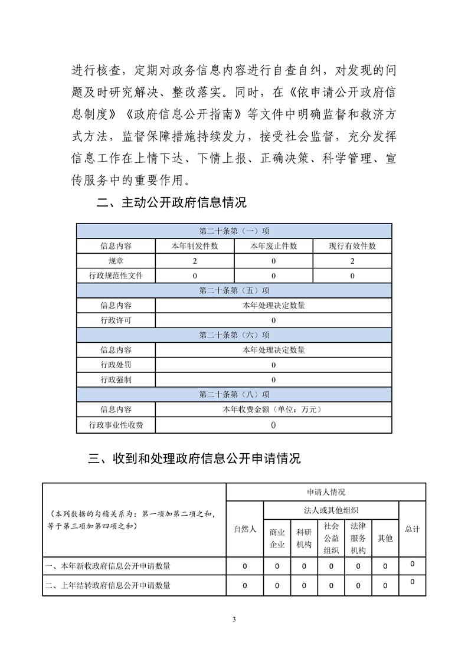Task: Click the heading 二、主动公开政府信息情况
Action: tap(171, 204)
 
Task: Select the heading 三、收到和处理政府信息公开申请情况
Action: tap(194, 458)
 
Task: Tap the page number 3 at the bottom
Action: tap(234, 619)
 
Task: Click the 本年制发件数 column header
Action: tap(195, 246)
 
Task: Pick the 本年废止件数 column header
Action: tap(273, 246)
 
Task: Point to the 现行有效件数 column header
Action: tap(352, 246)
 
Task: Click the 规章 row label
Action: tap(116, 261)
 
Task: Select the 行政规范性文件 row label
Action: tap(116, 276)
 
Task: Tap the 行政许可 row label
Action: tap(116, 320)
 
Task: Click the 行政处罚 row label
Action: tap(116, 365)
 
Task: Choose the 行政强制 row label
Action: tap(116, 380)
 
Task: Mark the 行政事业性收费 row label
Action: tap(116, 425)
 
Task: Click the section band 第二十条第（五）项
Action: tap(234, 290)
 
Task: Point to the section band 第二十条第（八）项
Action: tap(234, 395)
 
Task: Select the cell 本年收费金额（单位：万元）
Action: tap(273, 409)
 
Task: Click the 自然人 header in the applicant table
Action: tap(245, 529)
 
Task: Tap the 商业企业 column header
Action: tap(277, 538)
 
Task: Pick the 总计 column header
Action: tap(413, 529)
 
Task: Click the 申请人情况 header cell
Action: tap(326, 492)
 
